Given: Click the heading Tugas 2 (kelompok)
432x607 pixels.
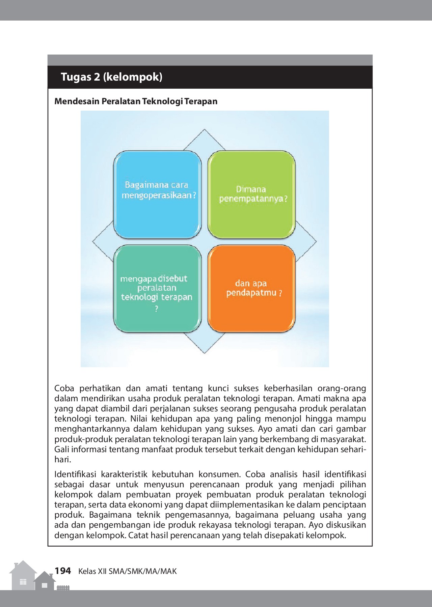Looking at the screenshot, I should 111,77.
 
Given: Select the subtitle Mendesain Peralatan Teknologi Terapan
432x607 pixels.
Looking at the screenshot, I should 136,101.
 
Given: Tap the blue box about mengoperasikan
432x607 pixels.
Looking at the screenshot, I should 157,195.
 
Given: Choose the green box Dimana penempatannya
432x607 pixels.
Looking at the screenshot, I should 251,195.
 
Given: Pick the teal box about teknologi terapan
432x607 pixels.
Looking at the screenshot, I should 157,289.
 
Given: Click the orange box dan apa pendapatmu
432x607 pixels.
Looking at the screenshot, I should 251,289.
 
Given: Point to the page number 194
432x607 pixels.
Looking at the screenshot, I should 63,571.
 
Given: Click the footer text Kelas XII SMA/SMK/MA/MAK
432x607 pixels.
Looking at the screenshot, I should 128,571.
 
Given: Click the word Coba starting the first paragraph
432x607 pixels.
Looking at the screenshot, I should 64,388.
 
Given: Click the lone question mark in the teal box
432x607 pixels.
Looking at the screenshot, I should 156,309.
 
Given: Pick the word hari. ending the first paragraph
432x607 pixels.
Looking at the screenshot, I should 63,460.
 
